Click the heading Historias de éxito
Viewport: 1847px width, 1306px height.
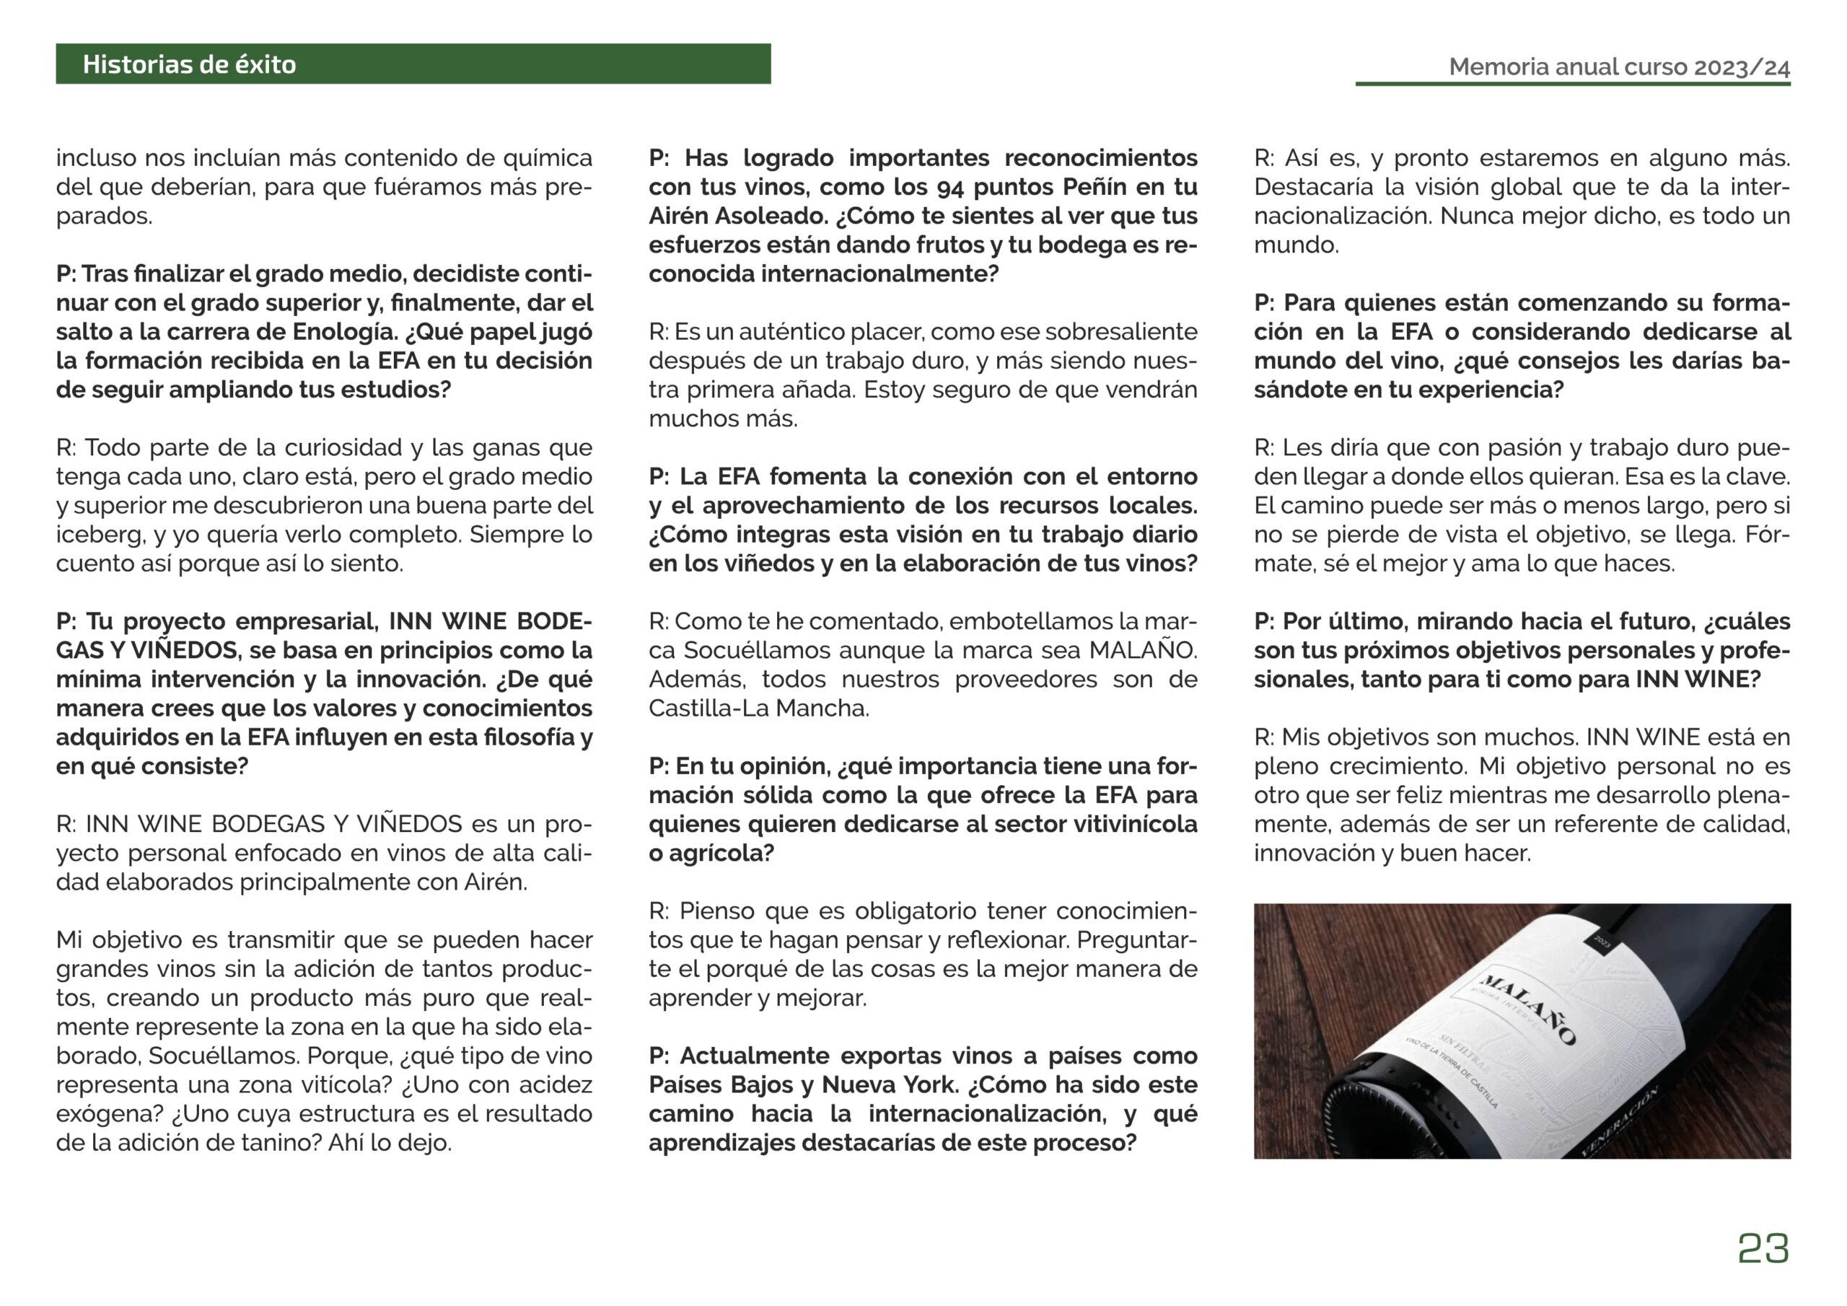(x=189, y=64)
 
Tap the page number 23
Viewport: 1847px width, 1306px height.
(x=1763, y=1248)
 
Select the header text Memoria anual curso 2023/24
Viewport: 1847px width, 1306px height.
(x=1618, y=67)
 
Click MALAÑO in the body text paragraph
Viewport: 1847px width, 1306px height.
(x=1141, y=651)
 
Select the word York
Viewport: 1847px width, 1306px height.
(x=930, y=1085)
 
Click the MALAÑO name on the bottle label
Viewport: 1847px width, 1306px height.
(x=1527, y=1008)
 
